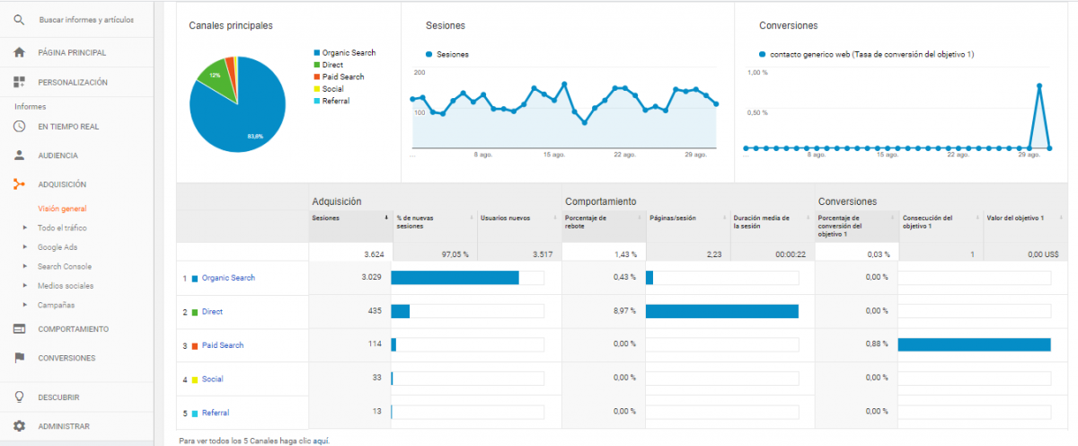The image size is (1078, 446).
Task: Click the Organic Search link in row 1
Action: pyautogui.click(x=228, y=278)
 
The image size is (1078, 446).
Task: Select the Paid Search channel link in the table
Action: pyautogui.click(x=223, y=345)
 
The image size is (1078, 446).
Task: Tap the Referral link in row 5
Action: pyautogui.click(x=215, y=413)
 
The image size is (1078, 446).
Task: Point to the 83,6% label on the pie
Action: pyautogui.click(x=255, y=137)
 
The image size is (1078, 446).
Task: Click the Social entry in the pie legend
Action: pyautogui.click(x=332, y=89)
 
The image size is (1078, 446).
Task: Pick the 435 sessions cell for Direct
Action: pyautogui.click(x=375, y=311)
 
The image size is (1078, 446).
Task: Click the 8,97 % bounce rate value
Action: pyautogui.click(x=624, y=311)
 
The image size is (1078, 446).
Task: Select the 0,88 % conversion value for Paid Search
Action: pyautogui.click(x=877, y=343)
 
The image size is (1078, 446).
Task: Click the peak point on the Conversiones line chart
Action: pyautogui.click(x=1039, y=86)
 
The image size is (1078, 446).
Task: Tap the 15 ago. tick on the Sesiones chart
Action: pyautogui.click(x=554, y=155)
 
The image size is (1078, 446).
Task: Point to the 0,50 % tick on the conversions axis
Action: pyautogui.click(x=757, y=112)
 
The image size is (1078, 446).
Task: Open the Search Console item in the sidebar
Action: pyautogui.click(x=65, y=266)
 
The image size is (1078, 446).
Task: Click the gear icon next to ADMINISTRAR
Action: pyautogui.click(x=19, y=426)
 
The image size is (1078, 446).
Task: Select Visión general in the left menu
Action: pyautogui.click(x=62, y=209)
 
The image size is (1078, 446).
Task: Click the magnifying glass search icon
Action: pyautogui.click(x=19, y=20)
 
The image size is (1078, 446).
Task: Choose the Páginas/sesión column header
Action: pyautogui.click(x=672, y=219)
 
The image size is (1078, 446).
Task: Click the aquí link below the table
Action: pyautogui.click(x=321, y=441)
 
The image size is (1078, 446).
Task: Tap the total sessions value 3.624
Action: pyautogui.click(x=374, y=254)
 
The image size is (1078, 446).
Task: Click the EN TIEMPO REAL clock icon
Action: pyautogui.click(x=19, y=127)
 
